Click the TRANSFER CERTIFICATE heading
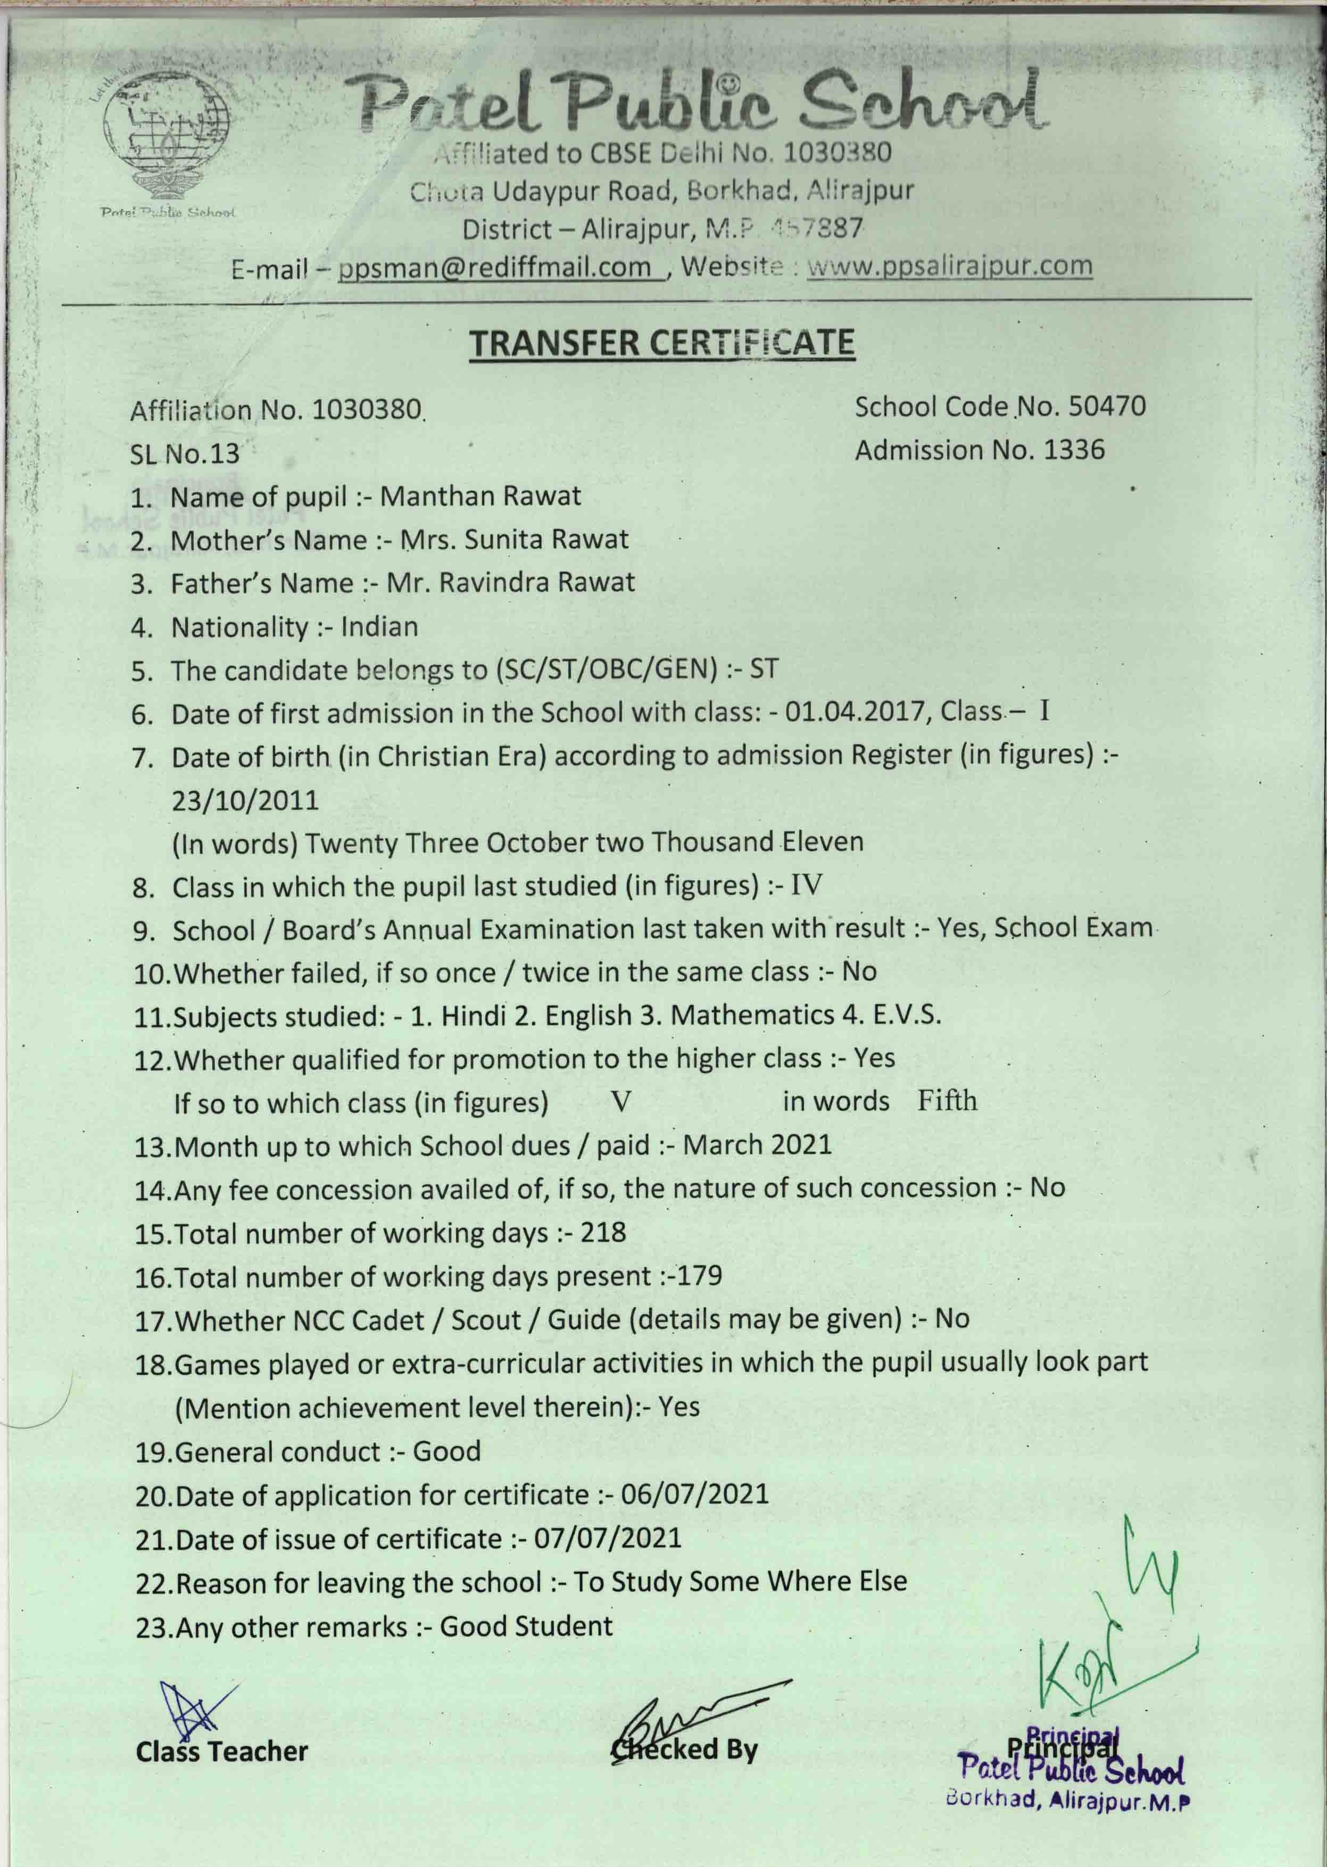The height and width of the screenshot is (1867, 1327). (x=662, y=343)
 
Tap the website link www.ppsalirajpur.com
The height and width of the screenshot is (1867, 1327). (x=949, y=266)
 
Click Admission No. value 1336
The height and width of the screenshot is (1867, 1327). (x=1074, y=450)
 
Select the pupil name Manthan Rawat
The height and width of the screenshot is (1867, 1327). (x=480, y=496)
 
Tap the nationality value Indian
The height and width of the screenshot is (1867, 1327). (x=379, y=627)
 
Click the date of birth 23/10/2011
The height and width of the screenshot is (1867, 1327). (x=245, y=799)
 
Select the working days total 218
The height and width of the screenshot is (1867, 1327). (x=603, y=1233)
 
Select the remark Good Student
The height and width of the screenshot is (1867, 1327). (x=526, y=1626)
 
